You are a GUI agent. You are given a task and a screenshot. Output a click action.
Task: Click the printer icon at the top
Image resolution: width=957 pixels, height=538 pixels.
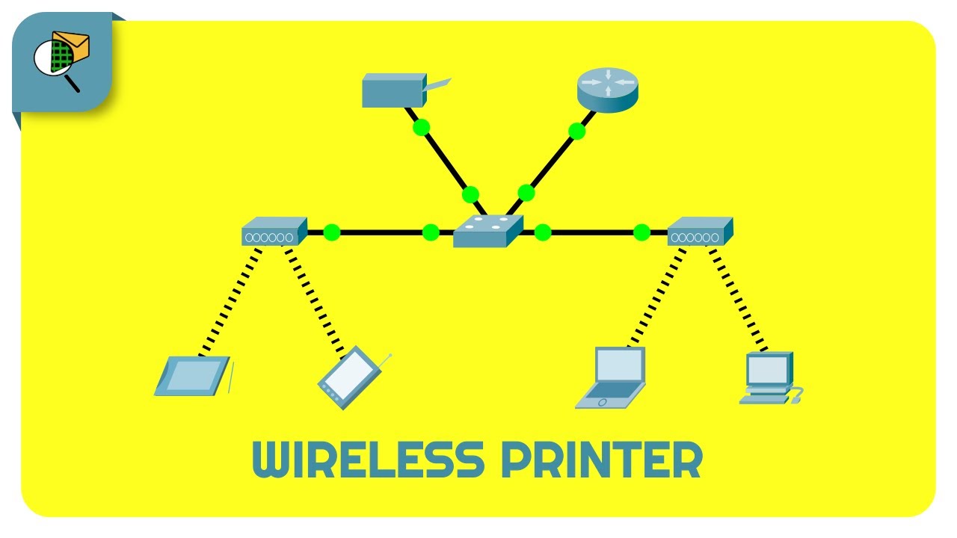394,90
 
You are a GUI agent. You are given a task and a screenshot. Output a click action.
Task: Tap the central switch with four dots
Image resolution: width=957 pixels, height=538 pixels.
487,232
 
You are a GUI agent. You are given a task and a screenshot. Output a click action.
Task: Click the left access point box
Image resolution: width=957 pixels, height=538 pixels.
274,232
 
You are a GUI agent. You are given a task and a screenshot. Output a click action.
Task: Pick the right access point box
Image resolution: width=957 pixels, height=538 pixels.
699,232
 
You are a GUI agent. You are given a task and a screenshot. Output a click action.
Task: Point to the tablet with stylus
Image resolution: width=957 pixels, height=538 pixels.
193,376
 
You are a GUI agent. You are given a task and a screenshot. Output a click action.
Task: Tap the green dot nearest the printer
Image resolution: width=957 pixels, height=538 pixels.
421,127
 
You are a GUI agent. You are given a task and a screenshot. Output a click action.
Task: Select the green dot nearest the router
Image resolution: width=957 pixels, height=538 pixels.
576,132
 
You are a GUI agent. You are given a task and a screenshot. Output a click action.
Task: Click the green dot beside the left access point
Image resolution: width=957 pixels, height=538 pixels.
332,232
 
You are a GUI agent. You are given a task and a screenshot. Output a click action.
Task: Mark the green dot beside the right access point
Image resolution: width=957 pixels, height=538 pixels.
641,232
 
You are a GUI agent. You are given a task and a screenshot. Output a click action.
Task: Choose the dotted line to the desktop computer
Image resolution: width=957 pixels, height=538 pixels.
737,299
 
